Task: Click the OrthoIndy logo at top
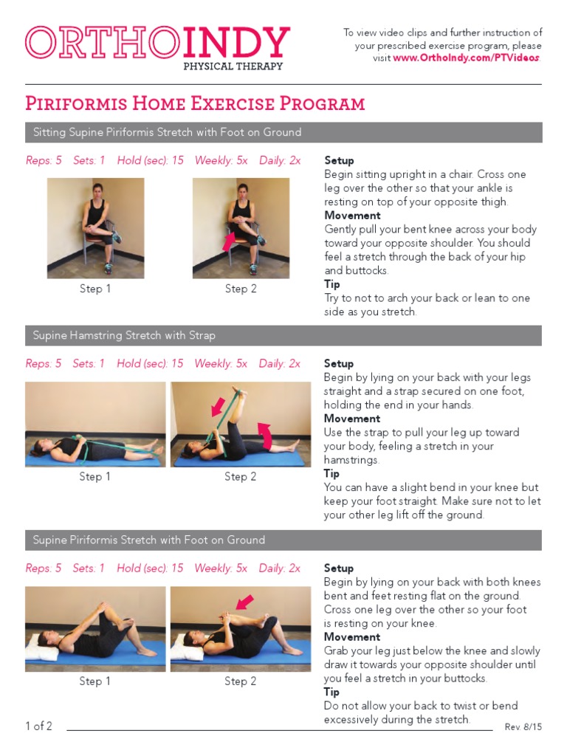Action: click(157, 43)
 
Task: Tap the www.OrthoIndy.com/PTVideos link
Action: click(467, 58)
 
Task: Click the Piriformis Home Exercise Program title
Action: click(195, 103)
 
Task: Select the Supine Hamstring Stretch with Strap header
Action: click(124, 336)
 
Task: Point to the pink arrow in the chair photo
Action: click(228, 242)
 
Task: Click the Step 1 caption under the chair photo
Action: click(95, 289)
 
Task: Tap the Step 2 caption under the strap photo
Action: click(241, 477)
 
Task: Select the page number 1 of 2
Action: click(38, 726)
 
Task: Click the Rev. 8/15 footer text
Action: click(523, 727)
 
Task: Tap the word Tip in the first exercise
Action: click(332, 284)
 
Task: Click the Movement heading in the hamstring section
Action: click(352, 419)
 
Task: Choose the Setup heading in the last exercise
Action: click(339, 568)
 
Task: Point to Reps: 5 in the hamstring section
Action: click(44, 363)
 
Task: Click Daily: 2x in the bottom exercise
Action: click(280, 568)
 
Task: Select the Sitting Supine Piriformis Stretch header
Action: click(167, 133)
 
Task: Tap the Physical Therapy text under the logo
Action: click(233, 66)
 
